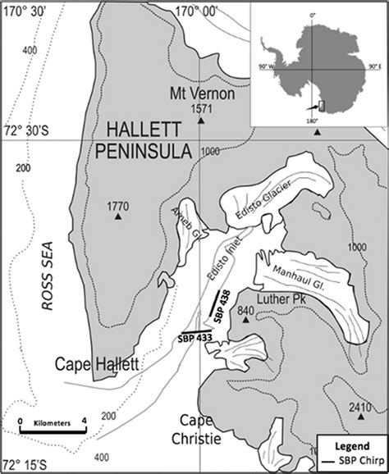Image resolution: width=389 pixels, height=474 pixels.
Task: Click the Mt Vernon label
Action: coord(202,93)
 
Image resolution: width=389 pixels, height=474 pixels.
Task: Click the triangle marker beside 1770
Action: coord(119,218)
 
